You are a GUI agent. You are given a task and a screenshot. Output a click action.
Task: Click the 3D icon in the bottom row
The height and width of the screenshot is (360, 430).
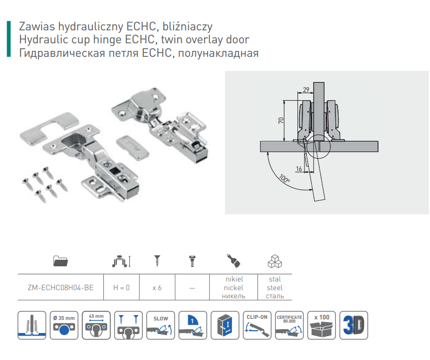(354, 325)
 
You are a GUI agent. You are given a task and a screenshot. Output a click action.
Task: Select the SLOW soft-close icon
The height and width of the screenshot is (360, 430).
(161, 325)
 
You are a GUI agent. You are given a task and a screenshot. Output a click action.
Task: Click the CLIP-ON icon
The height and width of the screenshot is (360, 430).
(257, 325)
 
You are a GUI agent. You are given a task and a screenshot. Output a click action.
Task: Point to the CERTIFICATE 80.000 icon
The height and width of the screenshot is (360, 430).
(289, 325)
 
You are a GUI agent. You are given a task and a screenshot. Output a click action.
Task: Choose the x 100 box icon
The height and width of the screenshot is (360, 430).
(322, 325)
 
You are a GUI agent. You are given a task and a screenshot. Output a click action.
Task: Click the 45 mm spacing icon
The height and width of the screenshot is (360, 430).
(96, 325)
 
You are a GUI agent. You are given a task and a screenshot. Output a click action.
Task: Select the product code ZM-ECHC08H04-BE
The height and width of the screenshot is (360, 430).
(60, 287)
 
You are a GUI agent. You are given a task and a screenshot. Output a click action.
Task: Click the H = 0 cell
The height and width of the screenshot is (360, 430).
(121, 287)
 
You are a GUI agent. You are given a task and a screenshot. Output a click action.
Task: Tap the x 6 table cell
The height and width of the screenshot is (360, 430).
(157, 287)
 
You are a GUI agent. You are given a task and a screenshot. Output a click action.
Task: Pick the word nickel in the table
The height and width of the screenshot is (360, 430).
(234, 287)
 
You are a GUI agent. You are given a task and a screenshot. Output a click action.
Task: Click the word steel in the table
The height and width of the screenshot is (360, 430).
(275, 287)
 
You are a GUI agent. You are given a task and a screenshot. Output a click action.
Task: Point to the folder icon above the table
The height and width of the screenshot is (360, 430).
(60, 262)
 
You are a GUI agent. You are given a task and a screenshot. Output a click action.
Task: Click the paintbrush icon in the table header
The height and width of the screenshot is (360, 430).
(234, 261)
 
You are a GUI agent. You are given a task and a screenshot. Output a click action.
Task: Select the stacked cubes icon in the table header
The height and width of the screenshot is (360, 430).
(275, 261)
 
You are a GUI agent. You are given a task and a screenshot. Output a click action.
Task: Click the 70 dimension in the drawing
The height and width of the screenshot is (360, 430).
(281, 120)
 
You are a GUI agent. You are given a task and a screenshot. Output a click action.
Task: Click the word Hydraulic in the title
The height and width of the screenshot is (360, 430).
(42, 40)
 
